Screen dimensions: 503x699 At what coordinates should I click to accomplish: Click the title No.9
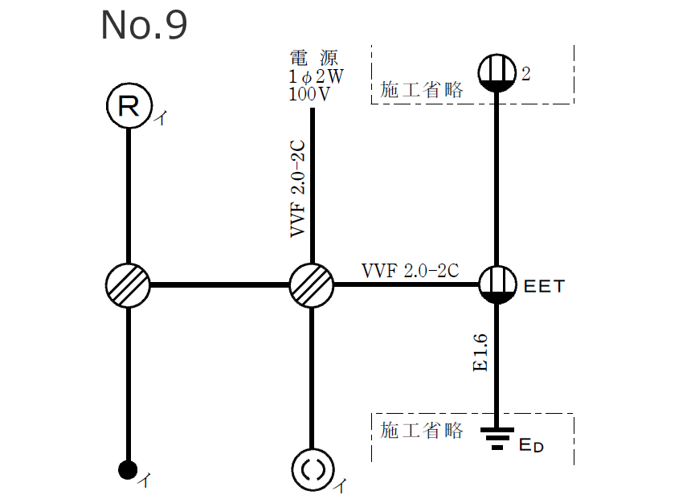[x=144, y=26]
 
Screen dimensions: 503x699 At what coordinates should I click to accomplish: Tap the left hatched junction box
[x=128, y=284]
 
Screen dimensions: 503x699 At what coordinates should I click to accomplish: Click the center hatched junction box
[x=312, y=284]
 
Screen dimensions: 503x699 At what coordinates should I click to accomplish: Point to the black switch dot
[x=127, y=470]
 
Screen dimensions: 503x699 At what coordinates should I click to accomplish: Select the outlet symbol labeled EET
[x=497, y=284]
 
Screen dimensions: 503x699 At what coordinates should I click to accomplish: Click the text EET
[x=544, y=285]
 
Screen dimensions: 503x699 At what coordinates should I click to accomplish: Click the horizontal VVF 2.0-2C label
[x=410, y=271]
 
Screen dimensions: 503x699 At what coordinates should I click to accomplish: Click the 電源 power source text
[x=313, y=58]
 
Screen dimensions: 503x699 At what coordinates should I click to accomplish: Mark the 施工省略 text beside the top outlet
[x=422, y=90]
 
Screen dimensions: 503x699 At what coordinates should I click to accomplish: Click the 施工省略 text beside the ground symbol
[x=422, y=430]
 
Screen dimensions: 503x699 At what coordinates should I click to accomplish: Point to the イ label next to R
[x=161, y=119]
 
